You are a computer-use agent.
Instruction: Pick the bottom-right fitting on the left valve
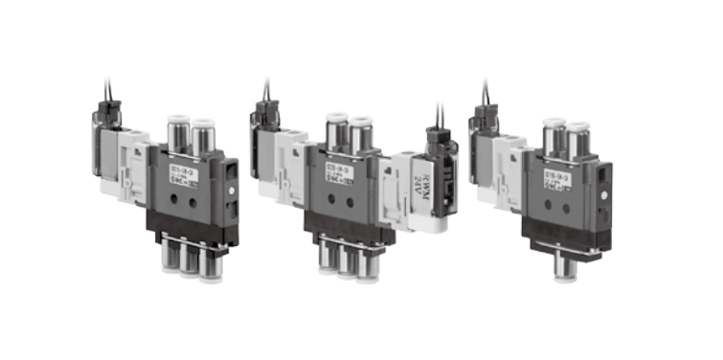(211, 261)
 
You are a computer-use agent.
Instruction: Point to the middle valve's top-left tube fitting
(335, 131)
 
